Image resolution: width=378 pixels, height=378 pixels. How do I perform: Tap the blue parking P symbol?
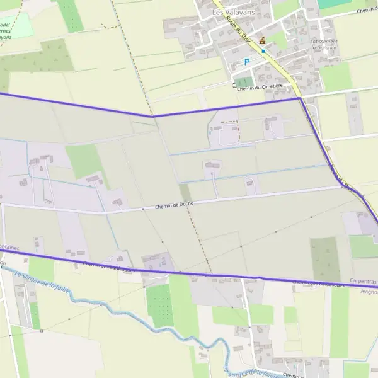coord(247,62)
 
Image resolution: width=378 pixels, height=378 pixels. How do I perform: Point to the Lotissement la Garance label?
coord(324,45)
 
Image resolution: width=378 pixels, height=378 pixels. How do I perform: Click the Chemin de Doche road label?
coord(174,205)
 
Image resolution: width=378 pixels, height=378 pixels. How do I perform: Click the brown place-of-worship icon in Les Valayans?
coord(263,41)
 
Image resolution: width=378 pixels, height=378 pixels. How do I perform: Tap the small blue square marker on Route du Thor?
coord(263,51)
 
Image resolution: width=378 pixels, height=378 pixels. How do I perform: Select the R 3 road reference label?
coord(233,84)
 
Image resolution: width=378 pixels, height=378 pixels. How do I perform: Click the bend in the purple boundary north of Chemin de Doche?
coord(153,117)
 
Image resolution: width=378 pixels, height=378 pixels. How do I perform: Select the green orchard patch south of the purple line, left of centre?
coord(159,306)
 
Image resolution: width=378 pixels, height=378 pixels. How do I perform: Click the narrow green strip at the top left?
coord(71,16)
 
